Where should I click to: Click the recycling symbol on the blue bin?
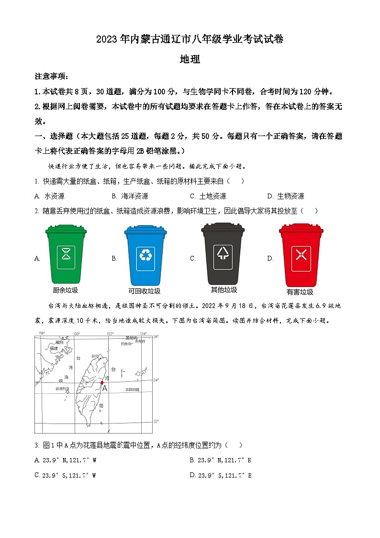coord(145,254)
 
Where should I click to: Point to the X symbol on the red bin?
coord(301,254)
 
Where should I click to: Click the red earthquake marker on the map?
coord(102,382)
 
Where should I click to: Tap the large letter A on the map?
coord(105,389)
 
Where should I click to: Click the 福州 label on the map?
coord(59,342)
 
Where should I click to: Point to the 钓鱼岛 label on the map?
coord(126,343)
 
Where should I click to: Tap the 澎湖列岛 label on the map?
coord(62,389)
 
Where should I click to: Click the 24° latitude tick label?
coord(156,380)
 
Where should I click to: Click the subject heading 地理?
coord(190,59)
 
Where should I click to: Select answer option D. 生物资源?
coord(286,196)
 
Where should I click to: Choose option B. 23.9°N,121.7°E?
coord(220,460)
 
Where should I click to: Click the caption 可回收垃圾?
coord(145,291)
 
